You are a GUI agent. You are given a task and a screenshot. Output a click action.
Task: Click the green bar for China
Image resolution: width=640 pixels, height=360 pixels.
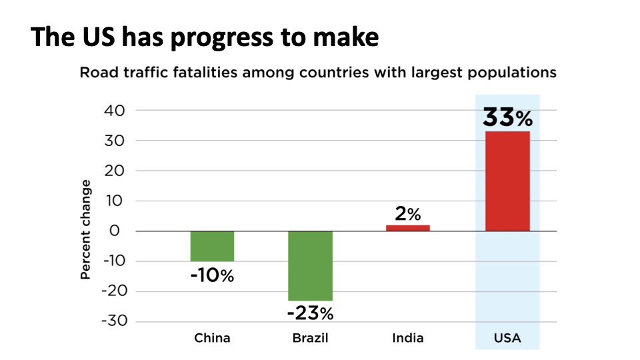[x=212, y=246]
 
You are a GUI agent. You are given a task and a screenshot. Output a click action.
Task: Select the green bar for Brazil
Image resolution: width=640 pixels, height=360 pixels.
[x=310, y=265]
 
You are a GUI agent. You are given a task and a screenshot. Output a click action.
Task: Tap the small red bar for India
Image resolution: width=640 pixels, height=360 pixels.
[x=408, y=228]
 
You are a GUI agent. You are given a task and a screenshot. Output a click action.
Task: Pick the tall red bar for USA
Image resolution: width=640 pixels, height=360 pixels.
[x=507, y=181]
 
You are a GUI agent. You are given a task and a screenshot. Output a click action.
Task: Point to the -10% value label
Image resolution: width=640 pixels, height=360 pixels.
[x=212, y=275]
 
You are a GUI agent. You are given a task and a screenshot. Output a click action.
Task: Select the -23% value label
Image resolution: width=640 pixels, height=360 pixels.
[x=310, y=312]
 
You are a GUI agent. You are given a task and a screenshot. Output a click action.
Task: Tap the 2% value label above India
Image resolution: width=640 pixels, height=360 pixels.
[x=408, y=214]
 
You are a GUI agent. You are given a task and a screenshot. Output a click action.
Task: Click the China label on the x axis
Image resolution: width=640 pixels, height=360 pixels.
[x=212, y=338]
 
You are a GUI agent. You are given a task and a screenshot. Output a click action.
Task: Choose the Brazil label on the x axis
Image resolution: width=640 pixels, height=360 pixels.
[x=310, y=338]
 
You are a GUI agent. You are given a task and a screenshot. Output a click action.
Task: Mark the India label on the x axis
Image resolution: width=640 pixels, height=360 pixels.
[x=408, y=338]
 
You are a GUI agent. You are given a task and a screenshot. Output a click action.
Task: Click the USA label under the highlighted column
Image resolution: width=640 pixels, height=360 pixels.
[x=507, y=338]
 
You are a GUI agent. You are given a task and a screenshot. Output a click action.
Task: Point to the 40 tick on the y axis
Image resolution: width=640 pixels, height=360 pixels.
[x=115, y=111]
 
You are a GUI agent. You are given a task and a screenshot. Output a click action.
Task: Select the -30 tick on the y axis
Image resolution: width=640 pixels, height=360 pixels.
[x=112, y=321]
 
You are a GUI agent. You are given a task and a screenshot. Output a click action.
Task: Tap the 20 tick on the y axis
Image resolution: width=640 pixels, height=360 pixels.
[x=115, y=171]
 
